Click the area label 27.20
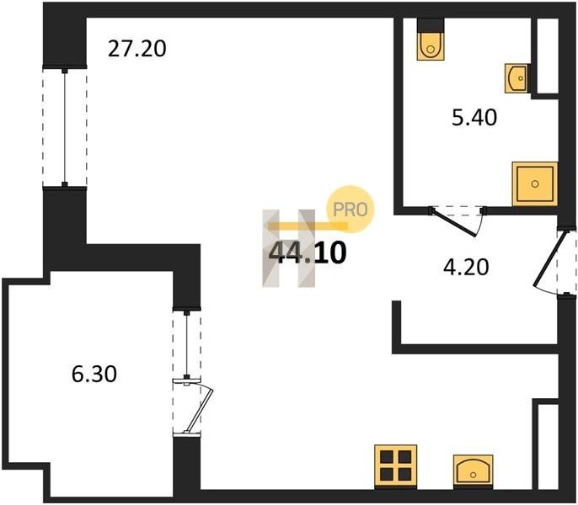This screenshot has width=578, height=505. coord(137,49)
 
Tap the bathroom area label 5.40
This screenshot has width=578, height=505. coord(474,118)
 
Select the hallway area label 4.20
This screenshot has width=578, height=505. coord(466,267)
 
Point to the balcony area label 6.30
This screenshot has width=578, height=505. coord(94,374)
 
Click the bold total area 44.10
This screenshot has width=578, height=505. coord(308,253)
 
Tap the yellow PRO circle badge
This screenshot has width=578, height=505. coord(351,210)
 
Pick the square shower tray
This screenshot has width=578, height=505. coord(535,183)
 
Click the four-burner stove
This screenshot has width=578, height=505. coord(395,466)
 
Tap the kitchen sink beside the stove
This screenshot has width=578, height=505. coord(474,471)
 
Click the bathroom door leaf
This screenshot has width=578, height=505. coord(455,222)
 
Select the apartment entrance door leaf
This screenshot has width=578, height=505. coord(550,258)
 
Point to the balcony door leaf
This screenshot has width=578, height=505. coord(200,409)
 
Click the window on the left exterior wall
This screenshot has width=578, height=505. coord(65,126)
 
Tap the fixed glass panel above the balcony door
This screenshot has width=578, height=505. coord(187,344)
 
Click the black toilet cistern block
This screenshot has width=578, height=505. coord(431,25)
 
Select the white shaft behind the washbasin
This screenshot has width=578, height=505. coord(548,56)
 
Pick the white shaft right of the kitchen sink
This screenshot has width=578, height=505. coord(549,447)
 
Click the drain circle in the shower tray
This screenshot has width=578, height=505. coord(535,183)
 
